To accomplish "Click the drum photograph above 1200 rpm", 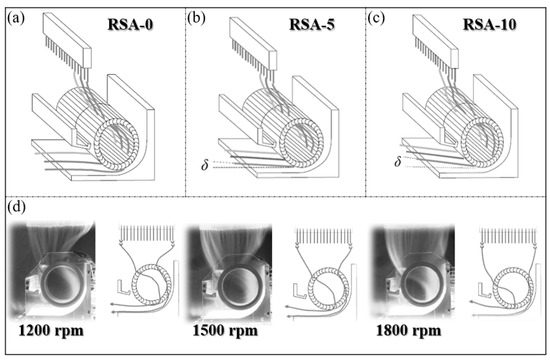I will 55,270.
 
